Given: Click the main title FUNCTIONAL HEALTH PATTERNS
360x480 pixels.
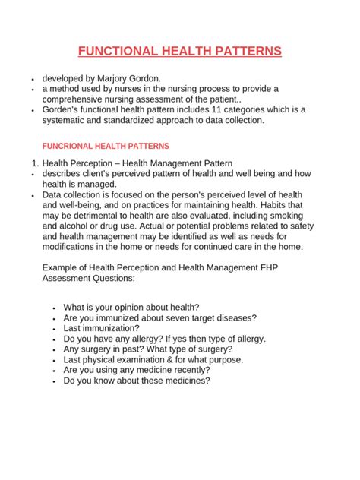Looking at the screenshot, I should (x=180, y=51).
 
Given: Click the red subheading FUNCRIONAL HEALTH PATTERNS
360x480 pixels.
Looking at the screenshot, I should (x=106, y=145).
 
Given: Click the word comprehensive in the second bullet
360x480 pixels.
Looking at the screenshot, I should (x=77, y=99).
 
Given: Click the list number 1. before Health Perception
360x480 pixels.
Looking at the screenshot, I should (x=31, y=163).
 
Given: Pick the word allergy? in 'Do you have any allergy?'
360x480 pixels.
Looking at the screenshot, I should (x=157, y=338).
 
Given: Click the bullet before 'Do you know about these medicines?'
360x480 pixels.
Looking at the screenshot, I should (x=55, y=381).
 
